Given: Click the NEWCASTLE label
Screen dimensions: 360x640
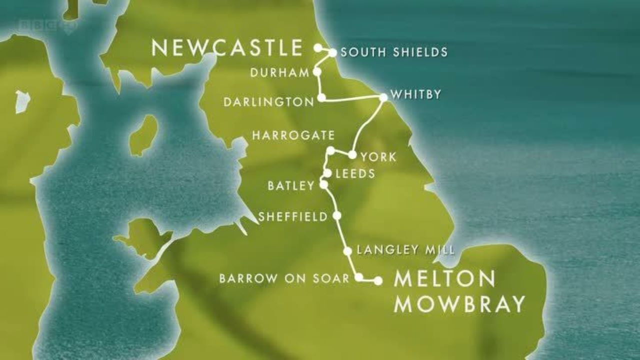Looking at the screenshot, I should coord(227,48).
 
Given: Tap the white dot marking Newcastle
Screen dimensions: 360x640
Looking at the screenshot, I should coord(317,47).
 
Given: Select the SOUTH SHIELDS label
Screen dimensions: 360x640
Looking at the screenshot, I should coord(394,52).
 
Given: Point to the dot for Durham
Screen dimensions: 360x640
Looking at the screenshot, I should coord(316,72).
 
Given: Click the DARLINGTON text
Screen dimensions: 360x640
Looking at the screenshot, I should coord(268,102).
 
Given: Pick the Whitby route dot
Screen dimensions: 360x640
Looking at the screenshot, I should coord(383,97).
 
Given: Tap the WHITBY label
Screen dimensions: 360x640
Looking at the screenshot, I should coord(416,94).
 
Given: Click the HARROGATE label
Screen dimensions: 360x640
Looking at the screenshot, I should coord(293,135).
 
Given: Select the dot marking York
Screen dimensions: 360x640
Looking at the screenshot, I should coord(352,155).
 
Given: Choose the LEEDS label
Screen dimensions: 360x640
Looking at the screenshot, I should coord(355,173).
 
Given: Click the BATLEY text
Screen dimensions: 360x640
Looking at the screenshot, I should coord(291,186).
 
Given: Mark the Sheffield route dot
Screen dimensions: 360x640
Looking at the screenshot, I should coord(337,215).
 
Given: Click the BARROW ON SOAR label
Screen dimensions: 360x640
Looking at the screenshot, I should coord(284,279).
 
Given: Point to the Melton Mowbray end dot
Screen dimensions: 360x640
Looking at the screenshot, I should coord(378,281).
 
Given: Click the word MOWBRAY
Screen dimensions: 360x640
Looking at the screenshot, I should coord(459,304).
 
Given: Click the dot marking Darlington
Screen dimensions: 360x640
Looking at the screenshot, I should coord(321,97).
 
